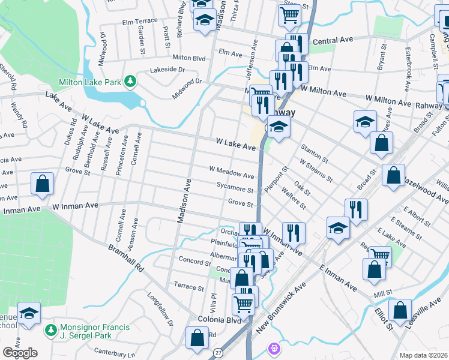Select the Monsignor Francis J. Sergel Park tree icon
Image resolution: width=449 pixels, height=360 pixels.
pos(51,329)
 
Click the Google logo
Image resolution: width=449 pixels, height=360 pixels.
pos(20,353)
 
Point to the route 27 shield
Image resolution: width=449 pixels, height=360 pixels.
pos(218,353)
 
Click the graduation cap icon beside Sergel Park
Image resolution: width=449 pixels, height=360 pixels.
pos(28,314)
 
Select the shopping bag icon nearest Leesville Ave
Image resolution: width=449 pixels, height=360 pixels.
pos(400,310)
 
